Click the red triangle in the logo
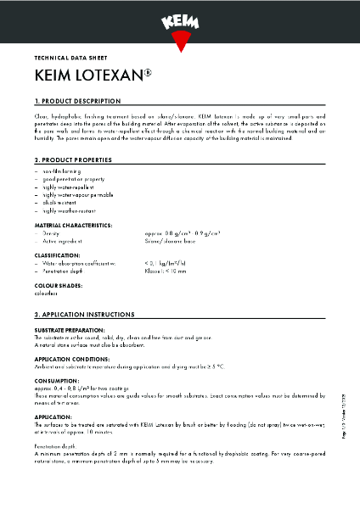click(179, 39)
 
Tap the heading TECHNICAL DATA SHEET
click(68, 59)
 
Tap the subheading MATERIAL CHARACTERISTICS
click(73, 226)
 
